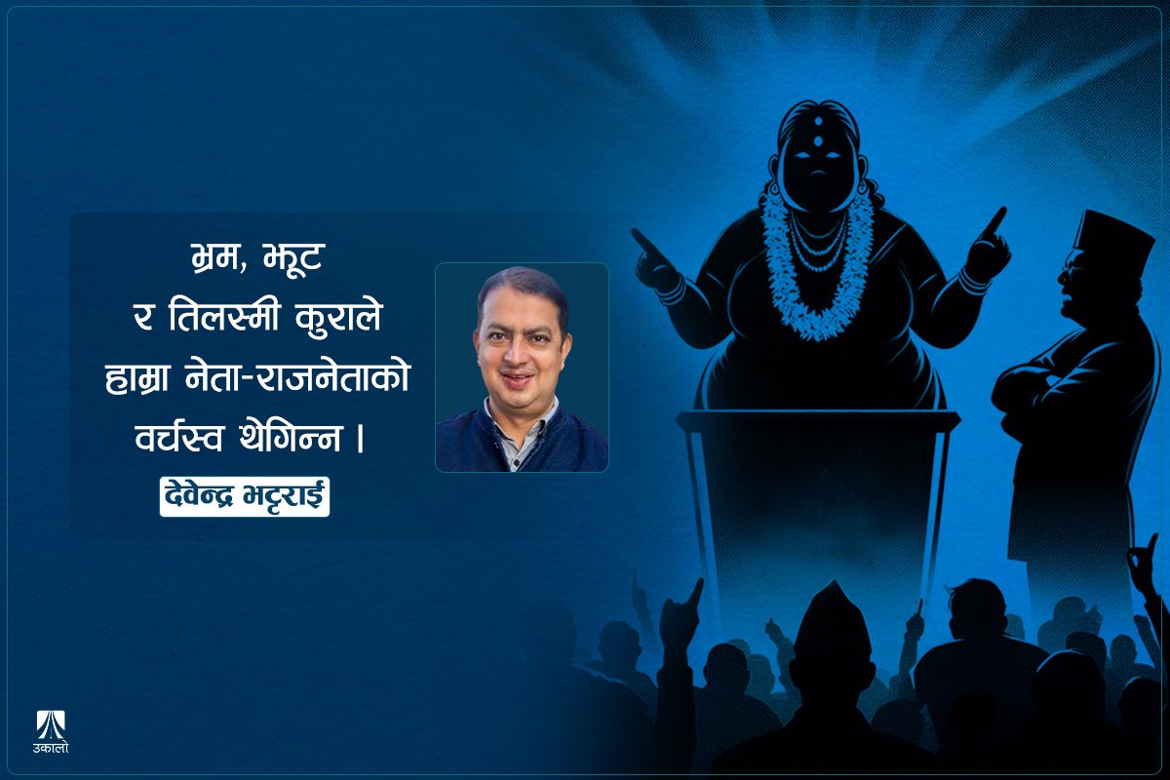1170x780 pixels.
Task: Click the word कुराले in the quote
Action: (342, 321)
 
